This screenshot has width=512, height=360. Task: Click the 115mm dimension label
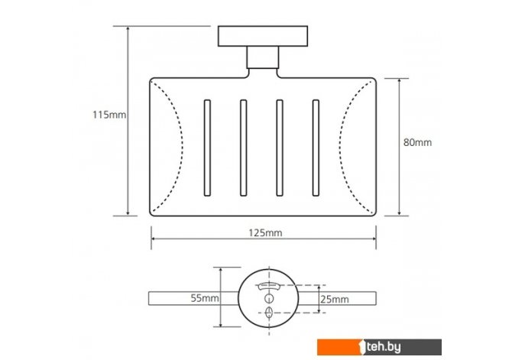tap(109, 115)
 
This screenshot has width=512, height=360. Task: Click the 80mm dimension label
tap(417, 142)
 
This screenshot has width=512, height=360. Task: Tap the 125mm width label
tap(265, 232)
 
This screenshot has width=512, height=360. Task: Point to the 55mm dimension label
tap(205, 298)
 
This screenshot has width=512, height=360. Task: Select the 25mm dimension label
tap(335, 300)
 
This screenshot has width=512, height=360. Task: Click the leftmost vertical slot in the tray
tap(207, 148)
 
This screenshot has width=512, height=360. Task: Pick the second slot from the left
tap(243, 148)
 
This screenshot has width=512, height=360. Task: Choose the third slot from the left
tap(280, 148)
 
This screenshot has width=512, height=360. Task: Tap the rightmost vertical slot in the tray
tap(316, 148)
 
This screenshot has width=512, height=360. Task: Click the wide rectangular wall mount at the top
tap(263, 36)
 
